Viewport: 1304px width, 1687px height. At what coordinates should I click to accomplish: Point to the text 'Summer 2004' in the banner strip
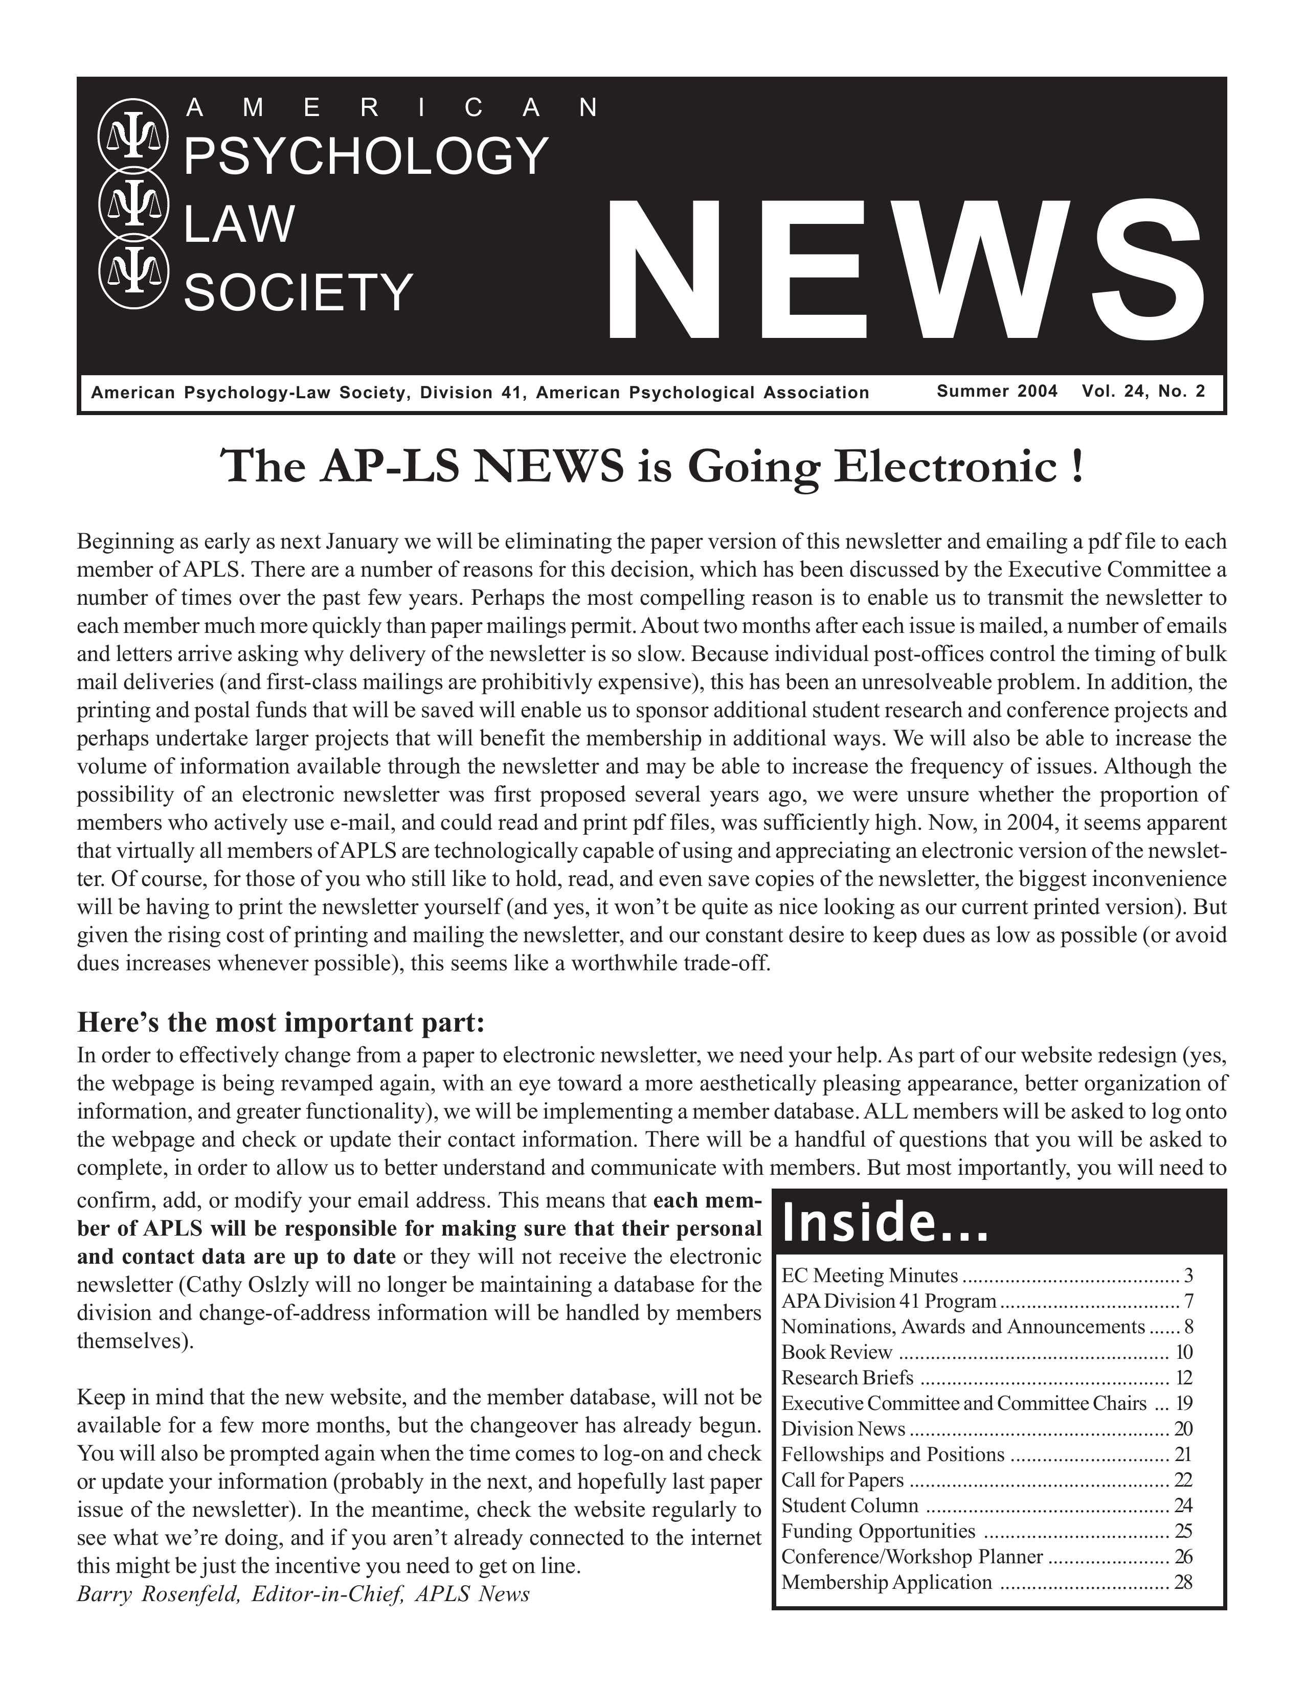click(x=997, y=391)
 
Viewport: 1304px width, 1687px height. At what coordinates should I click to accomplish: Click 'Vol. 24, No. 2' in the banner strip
click(x=1143, y=391)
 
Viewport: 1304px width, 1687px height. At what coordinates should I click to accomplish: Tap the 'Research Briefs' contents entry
click(x=847, y=1377)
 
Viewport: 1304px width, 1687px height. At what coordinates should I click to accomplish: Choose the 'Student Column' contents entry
click(x=850, y=1506)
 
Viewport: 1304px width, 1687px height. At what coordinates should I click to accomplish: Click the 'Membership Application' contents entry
click(x=887, y=1582)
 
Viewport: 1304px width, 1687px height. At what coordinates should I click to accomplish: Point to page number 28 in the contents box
click(x=1183, y=1582)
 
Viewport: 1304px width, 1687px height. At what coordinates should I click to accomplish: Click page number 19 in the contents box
click(x=1183, y=1403)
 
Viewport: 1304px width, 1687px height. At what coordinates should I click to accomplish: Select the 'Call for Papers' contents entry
click(x=843, y=1480)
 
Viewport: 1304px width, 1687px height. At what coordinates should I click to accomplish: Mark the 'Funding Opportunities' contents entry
click(x=879, y=1531)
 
